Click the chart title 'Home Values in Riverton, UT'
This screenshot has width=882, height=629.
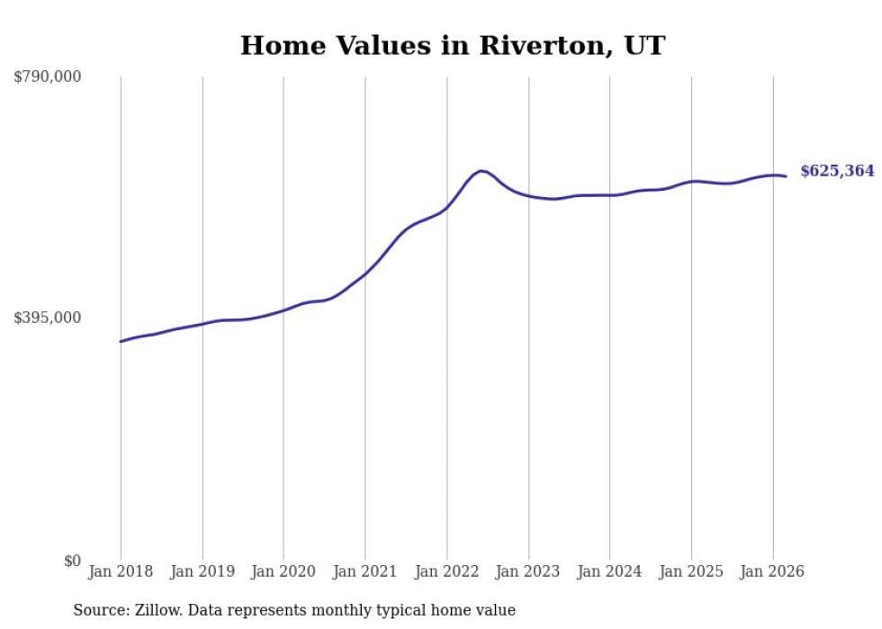click(x=452, y=46)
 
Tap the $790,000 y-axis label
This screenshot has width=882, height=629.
click(x=48, y=77)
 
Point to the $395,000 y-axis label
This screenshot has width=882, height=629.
click(x=48, y=318)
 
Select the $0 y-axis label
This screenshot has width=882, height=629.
click(x=72, y=561)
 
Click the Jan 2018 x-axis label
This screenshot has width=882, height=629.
click(x=121, y=571)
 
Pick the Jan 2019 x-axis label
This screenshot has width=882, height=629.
click(x=202, y=571)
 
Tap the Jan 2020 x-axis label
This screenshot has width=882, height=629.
click(x=283, y=571)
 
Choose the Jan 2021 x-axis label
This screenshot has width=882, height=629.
click(x=365, y=571)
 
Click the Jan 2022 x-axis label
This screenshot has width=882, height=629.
click(x=446, y=571)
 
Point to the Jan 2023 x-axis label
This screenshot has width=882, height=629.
click(x=528, y=571)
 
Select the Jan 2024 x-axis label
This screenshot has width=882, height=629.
click(x=609, y=571)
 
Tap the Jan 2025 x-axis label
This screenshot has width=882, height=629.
click(x=691, y=571)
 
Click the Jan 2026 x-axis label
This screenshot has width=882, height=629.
click(x=772, y=571)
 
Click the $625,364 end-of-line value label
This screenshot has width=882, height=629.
click(x=837, y=171)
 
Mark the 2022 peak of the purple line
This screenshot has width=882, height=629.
click(x=481, y=170)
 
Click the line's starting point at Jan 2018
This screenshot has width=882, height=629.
click(x=121, y=341)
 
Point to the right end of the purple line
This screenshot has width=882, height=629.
click(x=786, y=176)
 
